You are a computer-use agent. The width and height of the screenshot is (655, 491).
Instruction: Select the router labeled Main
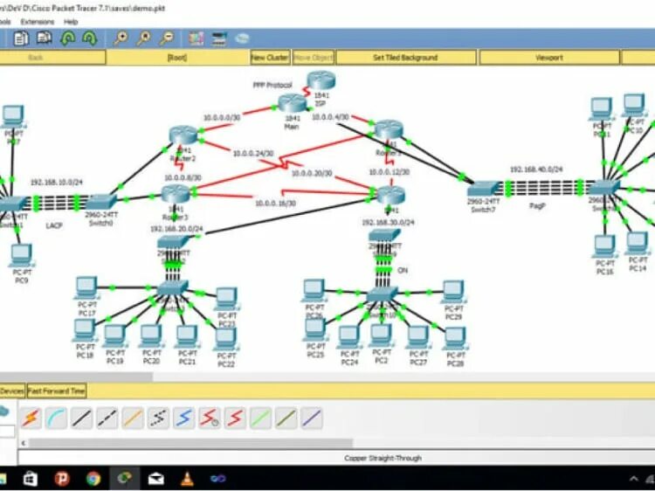tap(293, 106)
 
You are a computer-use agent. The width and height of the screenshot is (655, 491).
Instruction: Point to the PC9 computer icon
tap(22, 255)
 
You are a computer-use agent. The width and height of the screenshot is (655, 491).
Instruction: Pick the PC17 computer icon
tap(86, 287)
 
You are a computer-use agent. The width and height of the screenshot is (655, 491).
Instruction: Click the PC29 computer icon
tap(452, 291)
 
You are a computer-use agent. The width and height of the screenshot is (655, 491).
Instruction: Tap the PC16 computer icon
tap(603, 246)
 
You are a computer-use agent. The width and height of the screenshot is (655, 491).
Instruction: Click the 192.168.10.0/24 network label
tap(55, 182)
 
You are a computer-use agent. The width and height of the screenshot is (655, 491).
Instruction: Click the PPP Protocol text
tap(272, 85)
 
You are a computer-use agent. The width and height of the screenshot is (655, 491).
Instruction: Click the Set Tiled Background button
tap(405, 58)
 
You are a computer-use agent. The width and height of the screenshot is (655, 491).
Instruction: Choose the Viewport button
tap(549, 58)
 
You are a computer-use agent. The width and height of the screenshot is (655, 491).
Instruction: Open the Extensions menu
tap(37, 21)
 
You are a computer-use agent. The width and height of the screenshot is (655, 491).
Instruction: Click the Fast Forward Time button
tap(57, 391)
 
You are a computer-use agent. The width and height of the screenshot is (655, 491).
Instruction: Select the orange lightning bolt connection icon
tap(31, 418)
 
